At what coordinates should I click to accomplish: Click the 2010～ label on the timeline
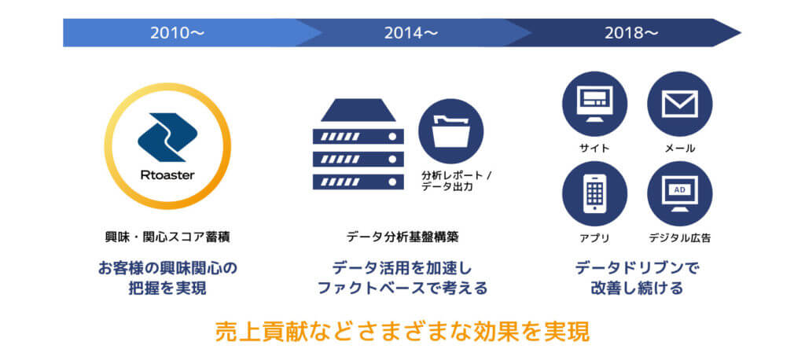pos(177,33)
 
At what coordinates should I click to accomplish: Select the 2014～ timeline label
pos(410,33)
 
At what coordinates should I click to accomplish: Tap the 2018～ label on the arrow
pos(631,33)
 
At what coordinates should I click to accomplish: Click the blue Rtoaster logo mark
pos(167,137)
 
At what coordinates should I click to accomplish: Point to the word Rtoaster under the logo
pos(167,175)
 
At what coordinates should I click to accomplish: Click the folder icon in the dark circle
pos(450,131)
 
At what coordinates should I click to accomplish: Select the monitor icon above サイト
pos(594,104)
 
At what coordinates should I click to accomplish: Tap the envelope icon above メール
pos(680,104)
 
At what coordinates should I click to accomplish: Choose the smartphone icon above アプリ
pos(594,193)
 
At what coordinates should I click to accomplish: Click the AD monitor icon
pos(680,193)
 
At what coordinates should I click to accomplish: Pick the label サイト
pos(594,149)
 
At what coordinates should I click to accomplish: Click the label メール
pos(680,149)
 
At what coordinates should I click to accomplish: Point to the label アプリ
pos(594,238)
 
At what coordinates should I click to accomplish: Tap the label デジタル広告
pos(680,238)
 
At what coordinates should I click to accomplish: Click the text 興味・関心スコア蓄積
pos(167,237)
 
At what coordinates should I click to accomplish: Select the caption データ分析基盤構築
pos(402,237)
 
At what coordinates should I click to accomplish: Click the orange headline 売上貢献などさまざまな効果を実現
pos(402,332)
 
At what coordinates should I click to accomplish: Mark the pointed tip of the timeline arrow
pos(741,33)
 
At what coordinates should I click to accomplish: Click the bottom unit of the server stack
pos(358,182)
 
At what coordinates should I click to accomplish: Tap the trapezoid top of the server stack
pos(358,110)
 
